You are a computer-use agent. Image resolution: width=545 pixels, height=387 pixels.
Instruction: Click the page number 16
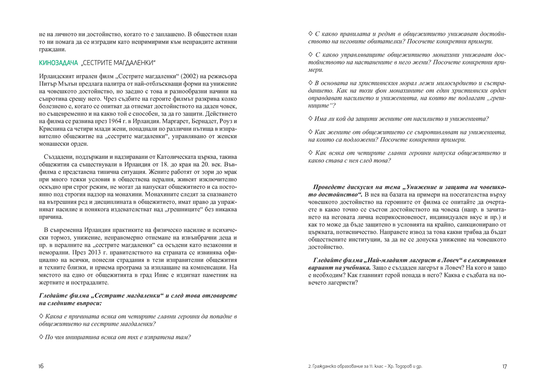click(41, 366)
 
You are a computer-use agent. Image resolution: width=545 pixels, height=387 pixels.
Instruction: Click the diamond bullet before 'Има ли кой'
click(311, 118)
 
